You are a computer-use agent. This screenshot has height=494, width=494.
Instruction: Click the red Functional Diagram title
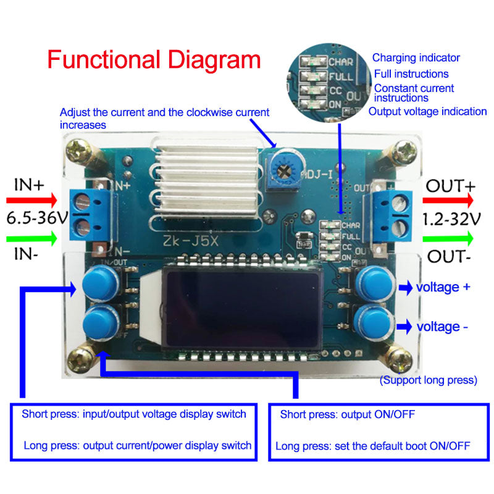coord(154,61)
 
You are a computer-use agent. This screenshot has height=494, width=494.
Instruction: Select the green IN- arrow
coord(31,237)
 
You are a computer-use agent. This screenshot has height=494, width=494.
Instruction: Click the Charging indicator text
coord(416,58)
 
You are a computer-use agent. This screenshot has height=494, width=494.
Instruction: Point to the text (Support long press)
coord(428,380)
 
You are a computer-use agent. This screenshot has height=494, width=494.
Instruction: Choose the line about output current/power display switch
coord(138,445)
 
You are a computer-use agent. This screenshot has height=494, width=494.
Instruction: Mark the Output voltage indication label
coord(427,111)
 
